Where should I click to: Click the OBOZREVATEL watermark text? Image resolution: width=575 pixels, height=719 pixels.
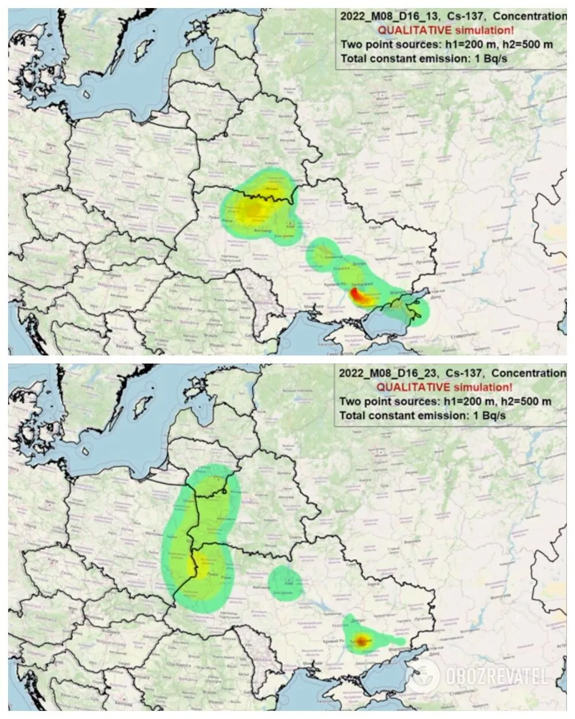[496, 676]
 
